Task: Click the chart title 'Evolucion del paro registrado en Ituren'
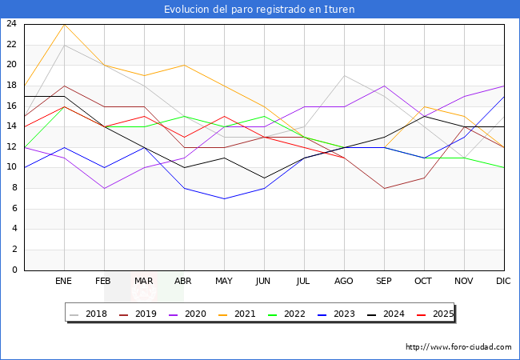pos(259,10)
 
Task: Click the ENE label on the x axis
pos(64,282)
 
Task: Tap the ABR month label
pos(184,282)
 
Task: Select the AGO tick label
pos(344,282)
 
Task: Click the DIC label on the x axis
pos(504,282)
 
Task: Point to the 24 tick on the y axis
pos(12,24)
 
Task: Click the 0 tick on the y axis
pos(14,270)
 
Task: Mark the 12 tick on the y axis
pos(12,147)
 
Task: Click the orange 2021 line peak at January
pos(64,24)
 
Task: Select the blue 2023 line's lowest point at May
pos(224,198)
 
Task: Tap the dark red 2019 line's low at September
pos(384,188)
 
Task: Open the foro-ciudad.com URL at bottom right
pos(458,347)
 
